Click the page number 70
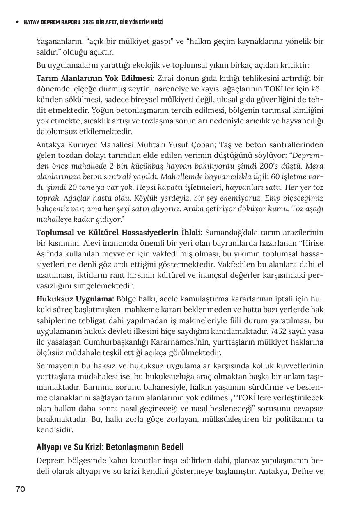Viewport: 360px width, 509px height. tap(21, 489)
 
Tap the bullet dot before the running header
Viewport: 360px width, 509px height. tap(17, 22)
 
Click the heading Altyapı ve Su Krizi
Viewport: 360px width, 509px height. tap(110, 447)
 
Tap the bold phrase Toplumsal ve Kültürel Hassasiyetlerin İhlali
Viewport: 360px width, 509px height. tap(125, 233)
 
